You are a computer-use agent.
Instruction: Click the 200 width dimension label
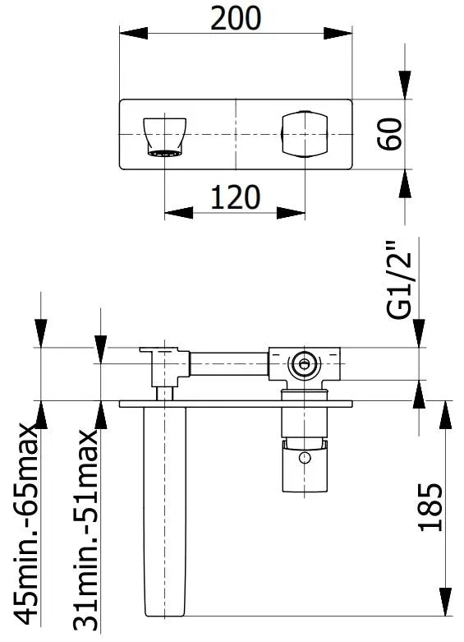coord(236,18)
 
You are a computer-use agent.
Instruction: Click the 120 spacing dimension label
coord(235,197)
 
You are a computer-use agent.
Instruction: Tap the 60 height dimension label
coord(389,134)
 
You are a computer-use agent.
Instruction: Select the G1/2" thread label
coord(398,280)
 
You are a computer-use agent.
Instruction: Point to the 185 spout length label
coord(430,508)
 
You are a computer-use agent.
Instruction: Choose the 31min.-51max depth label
coord(86,531)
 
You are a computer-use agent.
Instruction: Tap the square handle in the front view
coord(305,134)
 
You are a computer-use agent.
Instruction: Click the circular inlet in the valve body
coord(304,363)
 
